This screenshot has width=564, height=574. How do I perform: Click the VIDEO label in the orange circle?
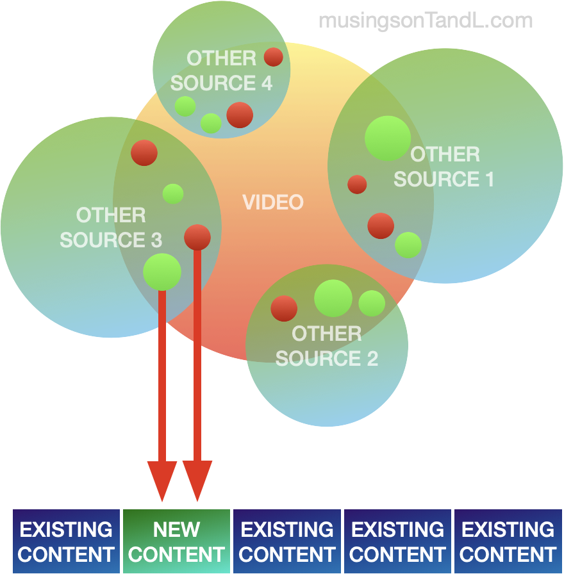[273, 202]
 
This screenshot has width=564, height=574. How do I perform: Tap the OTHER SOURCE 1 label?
[444, 167]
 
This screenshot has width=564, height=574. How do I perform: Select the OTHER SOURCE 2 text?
[327, 346]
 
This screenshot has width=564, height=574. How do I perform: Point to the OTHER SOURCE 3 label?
[111, 227]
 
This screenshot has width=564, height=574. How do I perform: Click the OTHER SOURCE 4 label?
[221, 71]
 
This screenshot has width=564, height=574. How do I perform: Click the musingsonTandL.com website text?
[426, 20]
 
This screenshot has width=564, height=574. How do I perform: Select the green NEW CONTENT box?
[176, 541]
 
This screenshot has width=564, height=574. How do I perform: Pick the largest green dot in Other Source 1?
[388, 138]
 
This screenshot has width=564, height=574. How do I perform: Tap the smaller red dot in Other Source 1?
[357, 184]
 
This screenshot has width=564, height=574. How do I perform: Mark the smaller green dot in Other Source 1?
[408, 245]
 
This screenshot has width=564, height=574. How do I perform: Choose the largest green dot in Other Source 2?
[333, 299]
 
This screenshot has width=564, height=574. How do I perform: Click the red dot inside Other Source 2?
[284, 308]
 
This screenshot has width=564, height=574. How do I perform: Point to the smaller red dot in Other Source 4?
[274, 57]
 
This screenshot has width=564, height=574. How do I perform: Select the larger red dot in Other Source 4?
[240, 115]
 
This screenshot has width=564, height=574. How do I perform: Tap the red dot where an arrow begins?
[197, 237]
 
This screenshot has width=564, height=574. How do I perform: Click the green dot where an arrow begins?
[162, 271]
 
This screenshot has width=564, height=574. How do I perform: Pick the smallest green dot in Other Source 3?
[173, 193]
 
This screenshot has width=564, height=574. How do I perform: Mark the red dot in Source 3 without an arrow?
[144, 152]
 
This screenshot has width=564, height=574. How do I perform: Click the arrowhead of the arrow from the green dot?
[162, 480]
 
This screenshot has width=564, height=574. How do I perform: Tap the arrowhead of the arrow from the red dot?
[197, 480]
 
